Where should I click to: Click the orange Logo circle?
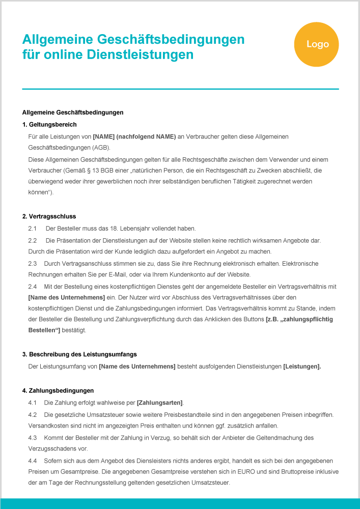[x=317, y=44]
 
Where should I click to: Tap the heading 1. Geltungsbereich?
[x=49, y=125]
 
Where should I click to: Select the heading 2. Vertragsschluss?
[x=49, y=217]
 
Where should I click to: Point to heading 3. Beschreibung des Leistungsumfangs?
[x=79, y=354]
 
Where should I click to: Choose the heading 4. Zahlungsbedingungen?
[x=58, y=391]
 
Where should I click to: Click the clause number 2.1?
[x=33, y=229]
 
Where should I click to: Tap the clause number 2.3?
[x=33, y=264]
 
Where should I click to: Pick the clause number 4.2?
[x=33, y=415]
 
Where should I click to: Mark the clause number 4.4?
[x=33, y=461]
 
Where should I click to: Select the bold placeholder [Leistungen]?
[x=302, y=366]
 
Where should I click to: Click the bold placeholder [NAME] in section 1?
[x=103, y=136]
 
